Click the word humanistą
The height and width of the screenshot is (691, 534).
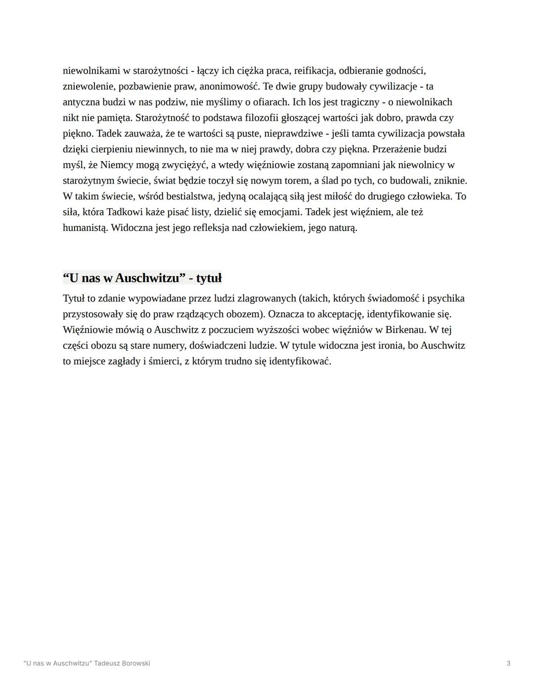pyautogui.click(x=85, y=228)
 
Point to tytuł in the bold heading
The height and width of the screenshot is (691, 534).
pyautogui.click(x=209, y=278)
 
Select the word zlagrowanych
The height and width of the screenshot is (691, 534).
pyautogui.click(x=267, y=299)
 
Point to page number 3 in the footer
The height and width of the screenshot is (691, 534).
pyautogui.click(x=508, y=663)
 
